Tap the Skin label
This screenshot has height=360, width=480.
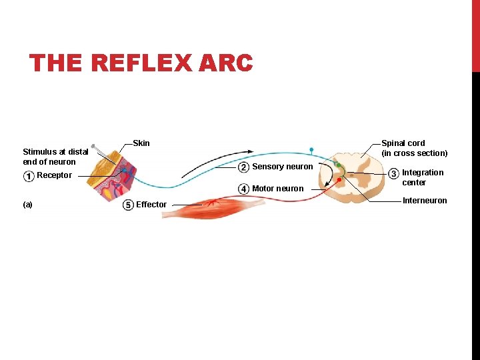141,143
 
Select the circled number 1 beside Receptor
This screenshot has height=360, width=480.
29,176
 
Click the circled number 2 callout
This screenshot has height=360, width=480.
244,167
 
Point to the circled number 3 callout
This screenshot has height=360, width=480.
393,174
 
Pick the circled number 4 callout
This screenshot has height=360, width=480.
244,189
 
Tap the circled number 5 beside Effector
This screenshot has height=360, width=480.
128,205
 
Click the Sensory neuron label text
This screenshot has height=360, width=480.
283,167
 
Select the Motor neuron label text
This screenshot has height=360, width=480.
277,189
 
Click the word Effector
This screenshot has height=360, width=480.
151,205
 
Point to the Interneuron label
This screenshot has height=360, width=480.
425,201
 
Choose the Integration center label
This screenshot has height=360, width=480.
422,177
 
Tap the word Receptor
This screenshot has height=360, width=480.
54,176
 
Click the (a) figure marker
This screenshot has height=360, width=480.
27,205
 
